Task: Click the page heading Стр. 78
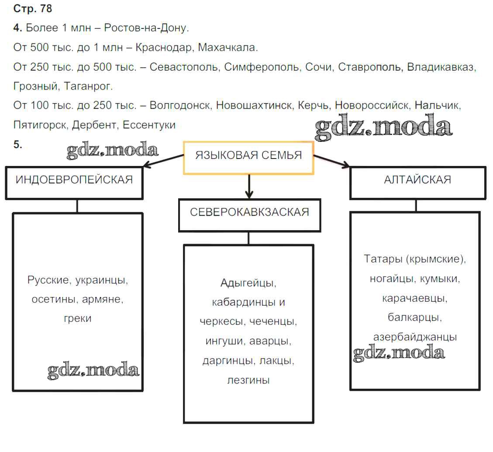[33, 9]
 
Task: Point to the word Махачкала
[228, 48]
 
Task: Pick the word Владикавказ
[441, 67]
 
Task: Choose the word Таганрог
[88, 86]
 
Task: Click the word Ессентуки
[149, 125]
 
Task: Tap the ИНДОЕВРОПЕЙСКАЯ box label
[74, 179]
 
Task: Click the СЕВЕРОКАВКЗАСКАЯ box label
[249, 212]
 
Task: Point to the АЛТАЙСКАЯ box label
[417, 179]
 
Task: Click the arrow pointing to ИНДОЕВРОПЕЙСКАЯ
[164, 160]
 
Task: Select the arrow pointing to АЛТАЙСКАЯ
[332, 160]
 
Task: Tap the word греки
[77, 318]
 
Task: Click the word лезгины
[248, 380]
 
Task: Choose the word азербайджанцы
[415, 337]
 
